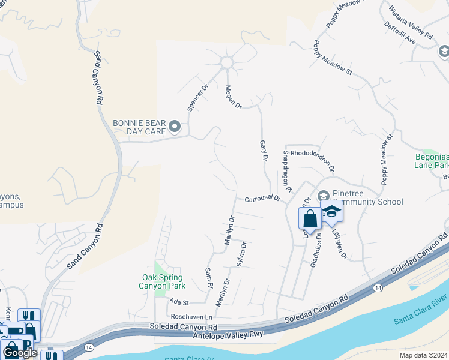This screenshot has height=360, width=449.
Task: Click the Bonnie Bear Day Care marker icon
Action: click(x=175, y=126)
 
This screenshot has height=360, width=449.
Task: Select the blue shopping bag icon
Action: click(x=310, y=218)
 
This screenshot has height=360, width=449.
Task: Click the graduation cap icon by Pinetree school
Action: click(x=331, y=212)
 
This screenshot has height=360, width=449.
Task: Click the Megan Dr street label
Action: click(x=233, y=97)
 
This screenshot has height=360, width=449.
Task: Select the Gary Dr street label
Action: click(x=263, y=151)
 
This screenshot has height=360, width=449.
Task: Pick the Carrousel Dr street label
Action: click(x=262, y=199)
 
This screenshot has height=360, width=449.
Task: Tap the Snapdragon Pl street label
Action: click(x=286, y=172)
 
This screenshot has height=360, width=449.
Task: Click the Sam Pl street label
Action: click(x=209, y=277)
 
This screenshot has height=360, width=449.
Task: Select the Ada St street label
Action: click(x=179, y=303)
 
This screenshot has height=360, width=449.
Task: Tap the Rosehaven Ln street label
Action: click(x=192, y=317)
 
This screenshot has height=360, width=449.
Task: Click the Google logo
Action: click(x=20, y=352)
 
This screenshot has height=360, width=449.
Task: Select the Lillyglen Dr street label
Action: click(x=339, y=244)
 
